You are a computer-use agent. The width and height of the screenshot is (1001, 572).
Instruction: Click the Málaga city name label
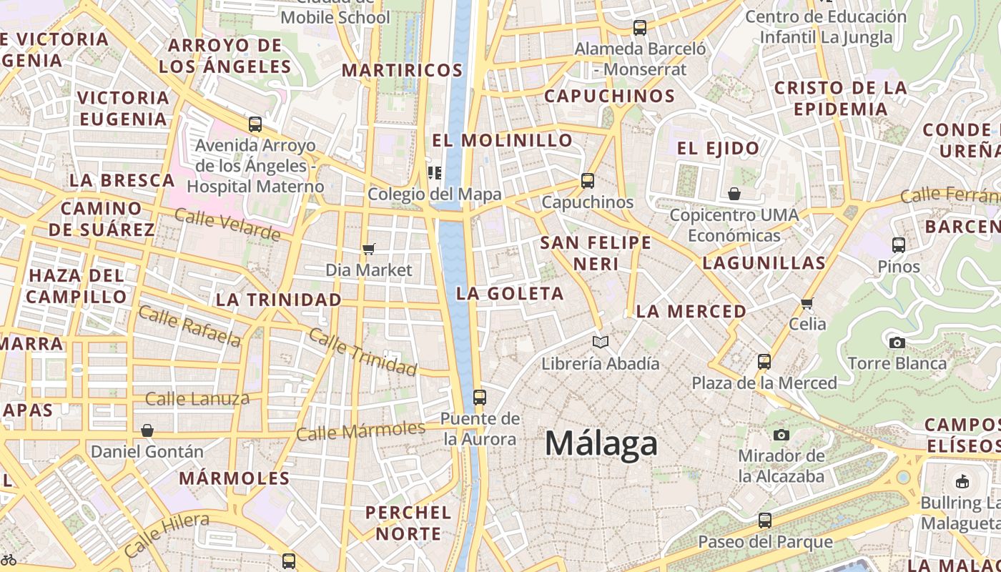click(601, 443)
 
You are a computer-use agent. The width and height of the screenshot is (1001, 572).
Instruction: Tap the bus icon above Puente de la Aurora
click(480, 398)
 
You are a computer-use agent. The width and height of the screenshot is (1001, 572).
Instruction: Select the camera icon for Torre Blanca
click(897, 342)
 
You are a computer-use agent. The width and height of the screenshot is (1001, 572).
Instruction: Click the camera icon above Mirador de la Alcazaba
click(781, 435)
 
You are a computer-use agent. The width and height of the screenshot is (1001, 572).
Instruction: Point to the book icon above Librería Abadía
click(601, 342)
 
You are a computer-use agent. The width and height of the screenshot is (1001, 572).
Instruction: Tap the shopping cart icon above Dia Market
click(369, 249)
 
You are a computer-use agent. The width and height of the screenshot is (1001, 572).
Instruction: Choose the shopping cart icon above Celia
click(808, 303)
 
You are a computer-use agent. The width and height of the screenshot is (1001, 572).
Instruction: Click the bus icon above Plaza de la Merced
click(764, 362)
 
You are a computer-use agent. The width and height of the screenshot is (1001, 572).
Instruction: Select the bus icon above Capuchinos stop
click(588, 181)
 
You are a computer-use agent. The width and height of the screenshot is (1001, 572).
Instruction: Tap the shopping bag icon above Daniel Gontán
click(147, 430)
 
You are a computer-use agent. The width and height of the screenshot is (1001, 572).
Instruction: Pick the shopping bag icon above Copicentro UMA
click(734, 194)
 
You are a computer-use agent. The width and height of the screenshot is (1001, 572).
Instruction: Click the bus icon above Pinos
click(899, 245)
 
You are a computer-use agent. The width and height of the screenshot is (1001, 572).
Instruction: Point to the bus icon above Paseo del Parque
click(765, 521)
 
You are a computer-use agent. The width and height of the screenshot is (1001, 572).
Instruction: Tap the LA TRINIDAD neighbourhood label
click(278, 300)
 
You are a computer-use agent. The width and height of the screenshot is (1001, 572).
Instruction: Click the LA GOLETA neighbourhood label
click(511, 294)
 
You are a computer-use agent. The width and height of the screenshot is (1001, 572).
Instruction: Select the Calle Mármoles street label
click(360, 431)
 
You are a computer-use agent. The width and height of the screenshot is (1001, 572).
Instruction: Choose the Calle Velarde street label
click(227, 225)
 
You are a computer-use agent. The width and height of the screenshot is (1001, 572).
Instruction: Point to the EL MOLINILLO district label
click(503, 140)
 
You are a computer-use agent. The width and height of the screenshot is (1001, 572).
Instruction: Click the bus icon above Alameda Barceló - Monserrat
click(640, 28)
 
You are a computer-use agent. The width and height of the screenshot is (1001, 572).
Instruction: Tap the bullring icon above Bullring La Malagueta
click(962, 481)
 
